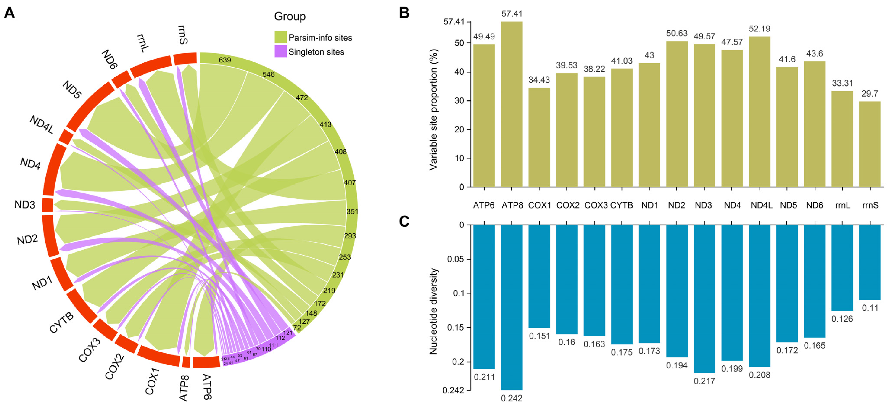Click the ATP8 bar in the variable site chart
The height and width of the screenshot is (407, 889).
[x=511, y=103]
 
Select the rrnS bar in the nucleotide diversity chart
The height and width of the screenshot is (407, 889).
[x=870, y=262]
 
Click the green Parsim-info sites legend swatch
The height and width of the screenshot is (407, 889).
[x=280, y=37]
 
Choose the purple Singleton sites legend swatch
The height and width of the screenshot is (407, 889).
[x=280, y=51]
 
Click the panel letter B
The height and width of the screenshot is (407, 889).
[x=404, y=13]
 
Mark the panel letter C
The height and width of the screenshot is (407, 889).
[x=404, y=221]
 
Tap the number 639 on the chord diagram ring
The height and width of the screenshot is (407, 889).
[x=225, y=60]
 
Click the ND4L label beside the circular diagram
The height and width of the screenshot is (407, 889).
[x=41, y=124]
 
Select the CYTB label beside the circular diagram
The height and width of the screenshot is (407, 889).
[x=61, y=322]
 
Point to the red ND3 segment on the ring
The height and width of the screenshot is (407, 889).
[x=47, y=205]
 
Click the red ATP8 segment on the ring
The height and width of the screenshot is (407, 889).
[x=186, y=362]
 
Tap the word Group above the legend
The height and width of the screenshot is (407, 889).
[x=290, y=16]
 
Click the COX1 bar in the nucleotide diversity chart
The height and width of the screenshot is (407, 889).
[x=539, y=276]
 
